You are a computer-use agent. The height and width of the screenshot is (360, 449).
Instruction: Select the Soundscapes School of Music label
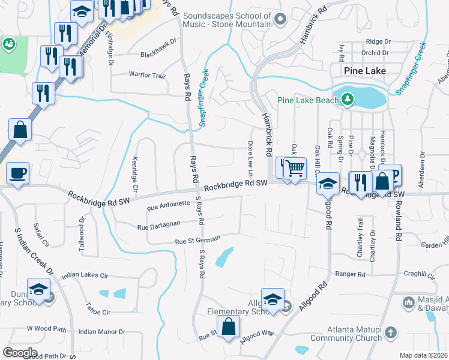pos(227,19)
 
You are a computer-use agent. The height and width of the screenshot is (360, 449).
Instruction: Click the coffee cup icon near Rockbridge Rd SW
pos(17,173)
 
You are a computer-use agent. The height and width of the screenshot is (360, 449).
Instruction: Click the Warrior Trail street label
pos(147,76)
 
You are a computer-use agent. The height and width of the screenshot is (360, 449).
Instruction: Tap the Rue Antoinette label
pos(168,207)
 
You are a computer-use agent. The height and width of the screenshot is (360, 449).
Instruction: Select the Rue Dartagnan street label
pos(159,226)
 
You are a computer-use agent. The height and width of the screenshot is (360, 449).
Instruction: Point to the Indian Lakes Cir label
pos(88,275)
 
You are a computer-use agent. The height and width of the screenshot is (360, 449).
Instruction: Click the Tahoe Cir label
pos(98,313)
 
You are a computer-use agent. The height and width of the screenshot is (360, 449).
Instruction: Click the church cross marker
pos(390,332)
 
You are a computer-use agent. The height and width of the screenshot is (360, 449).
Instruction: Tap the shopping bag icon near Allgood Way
pos(228,327)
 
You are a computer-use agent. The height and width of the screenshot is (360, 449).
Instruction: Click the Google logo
pos(20,353)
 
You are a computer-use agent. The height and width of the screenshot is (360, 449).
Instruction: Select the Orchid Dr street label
pos(376,52)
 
